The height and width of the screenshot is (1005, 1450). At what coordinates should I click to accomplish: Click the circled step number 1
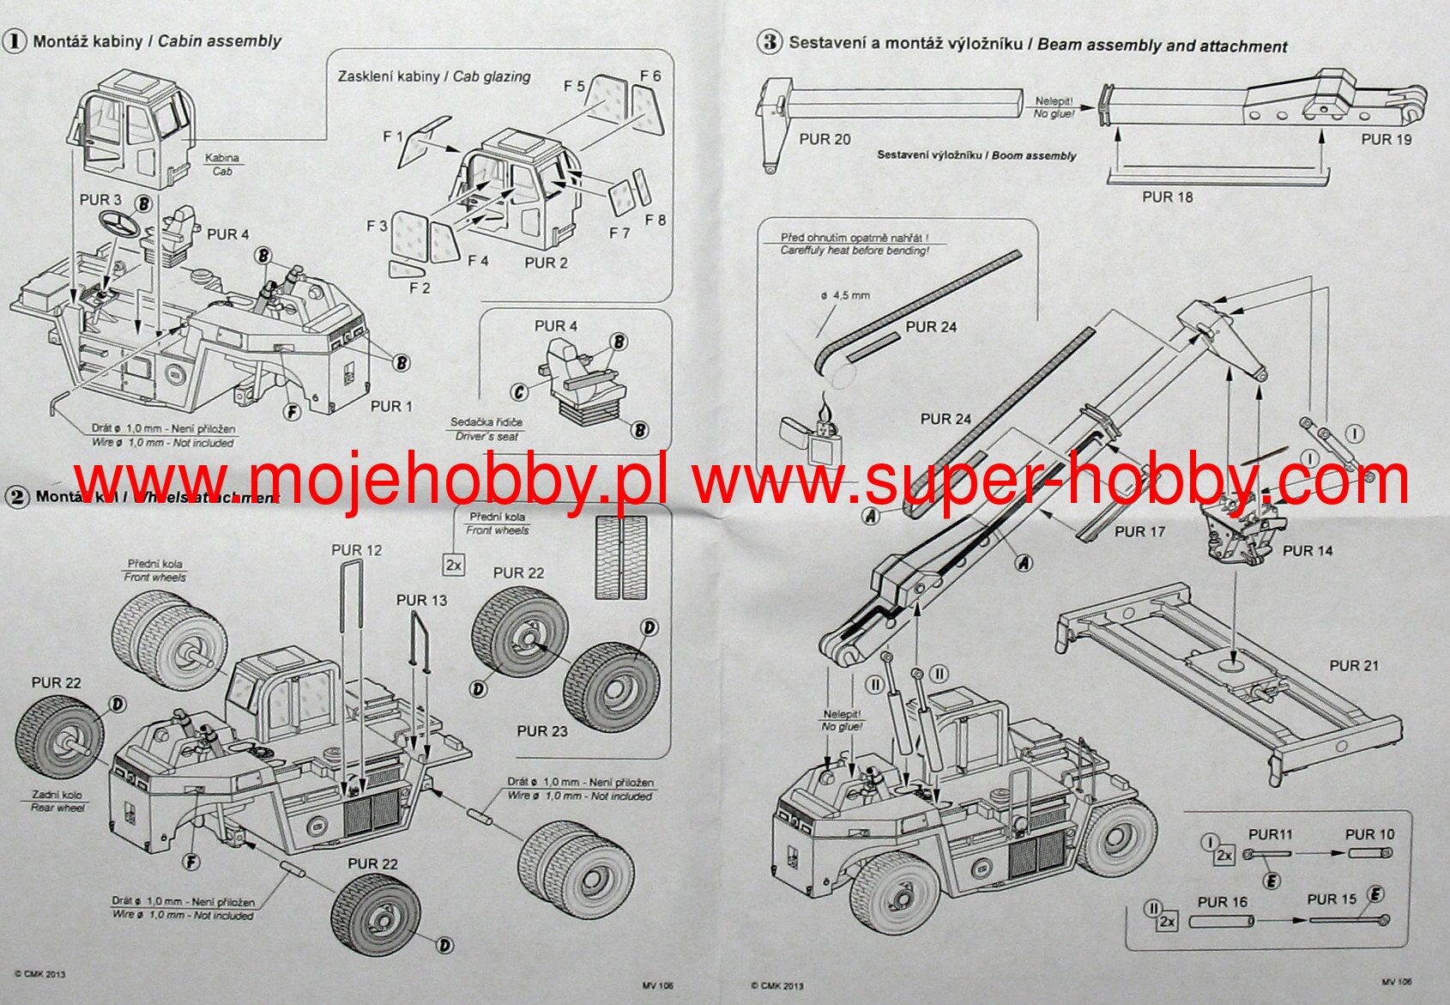tap(15, 41)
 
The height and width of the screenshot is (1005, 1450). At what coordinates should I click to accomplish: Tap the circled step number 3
tap(770, 42)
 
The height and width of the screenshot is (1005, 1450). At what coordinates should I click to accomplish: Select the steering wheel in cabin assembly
tap(119, 226)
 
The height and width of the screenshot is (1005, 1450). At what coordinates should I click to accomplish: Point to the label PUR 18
tap(1168, 197)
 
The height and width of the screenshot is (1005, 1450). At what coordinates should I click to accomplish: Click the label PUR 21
tap(1354, 666)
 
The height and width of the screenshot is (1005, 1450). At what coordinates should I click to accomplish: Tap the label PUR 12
tap(357, 550)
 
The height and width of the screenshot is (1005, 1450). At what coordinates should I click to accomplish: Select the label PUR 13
tap(421, 601)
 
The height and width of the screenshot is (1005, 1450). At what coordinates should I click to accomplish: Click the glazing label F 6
tap(650, 76)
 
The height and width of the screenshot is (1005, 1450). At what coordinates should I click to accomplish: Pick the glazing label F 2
tap(420, 288)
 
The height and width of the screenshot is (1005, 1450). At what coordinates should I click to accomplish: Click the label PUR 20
tap(825, 139)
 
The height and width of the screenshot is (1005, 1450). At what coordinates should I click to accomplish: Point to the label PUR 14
tap(1308, 551)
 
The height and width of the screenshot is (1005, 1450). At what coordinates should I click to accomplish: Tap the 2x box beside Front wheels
tap(454, 565)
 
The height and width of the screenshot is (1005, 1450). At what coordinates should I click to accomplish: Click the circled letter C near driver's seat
tap(520, 392)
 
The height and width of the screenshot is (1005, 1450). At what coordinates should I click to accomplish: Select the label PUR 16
tap(1223, 902)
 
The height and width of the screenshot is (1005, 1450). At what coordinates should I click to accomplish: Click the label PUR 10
tap(1369, 834)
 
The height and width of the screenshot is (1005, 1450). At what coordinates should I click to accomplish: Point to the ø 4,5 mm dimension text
tap(845, 295)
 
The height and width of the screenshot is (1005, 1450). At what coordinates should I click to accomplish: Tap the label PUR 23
tap(542, 731)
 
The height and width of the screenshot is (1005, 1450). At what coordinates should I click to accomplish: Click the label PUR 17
tap(1139, 532)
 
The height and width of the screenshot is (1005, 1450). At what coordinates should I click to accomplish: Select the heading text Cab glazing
tap(492, 76)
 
